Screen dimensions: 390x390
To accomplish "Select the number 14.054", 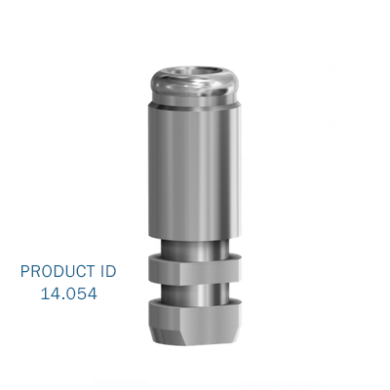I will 68,292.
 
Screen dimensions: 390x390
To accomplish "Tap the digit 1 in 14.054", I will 45,292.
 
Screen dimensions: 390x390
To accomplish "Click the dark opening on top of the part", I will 195,69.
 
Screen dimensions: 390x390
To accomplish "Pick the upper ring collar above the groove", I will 195,269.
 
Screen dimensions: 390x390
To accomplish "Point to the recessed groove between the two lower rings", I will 195,291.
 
